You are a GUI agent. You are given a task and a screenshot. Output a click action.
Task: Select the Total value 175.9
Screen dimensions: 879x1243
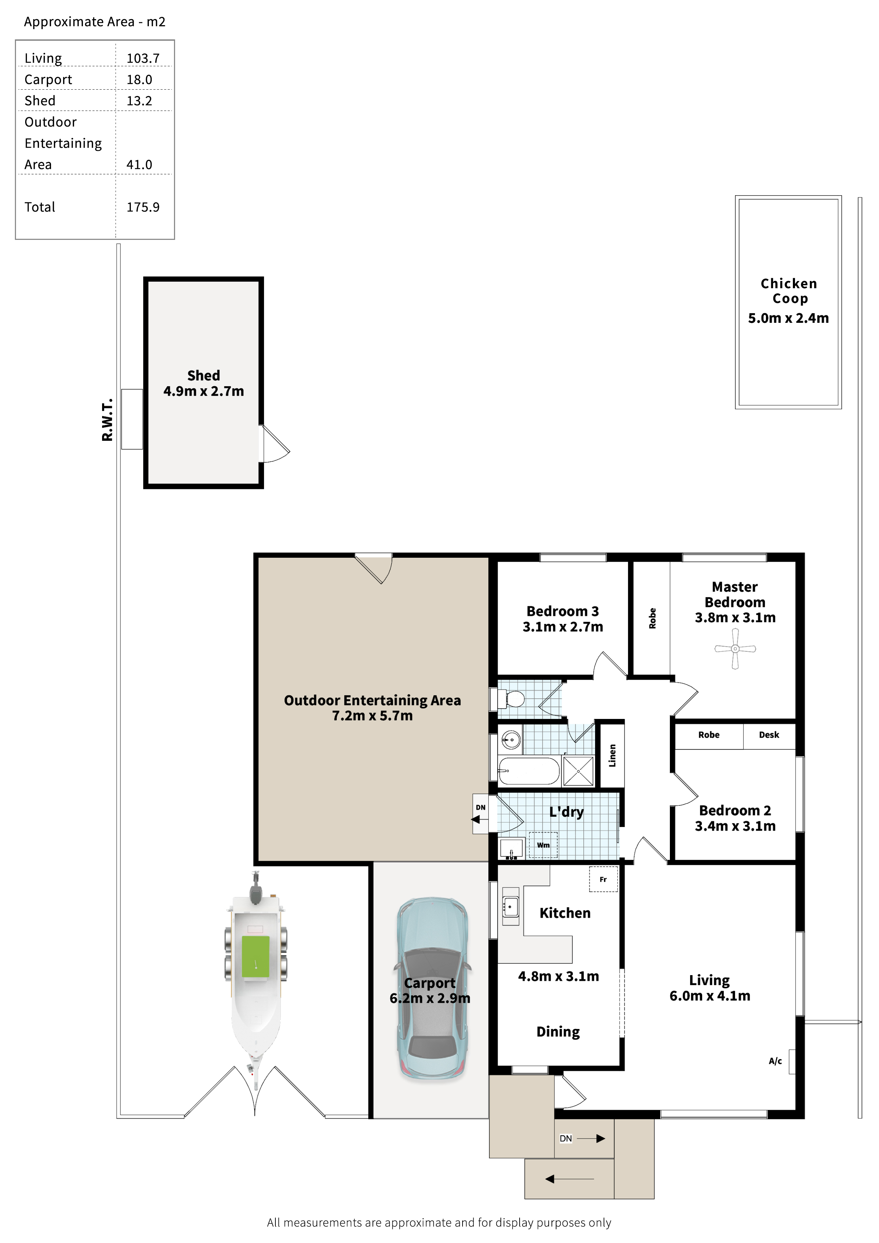click(143, 207)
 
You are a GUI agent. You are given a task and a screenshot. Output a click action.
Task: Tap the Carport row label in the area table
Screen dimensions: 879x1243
click(48, 80)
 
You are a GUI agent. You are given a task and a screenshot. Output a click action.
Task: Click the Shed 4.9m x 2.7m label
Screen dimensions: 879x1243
click(204, 383)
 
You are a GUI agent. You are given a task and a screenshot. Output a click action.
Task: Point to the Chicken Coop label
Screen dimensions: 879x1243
click(789, 291)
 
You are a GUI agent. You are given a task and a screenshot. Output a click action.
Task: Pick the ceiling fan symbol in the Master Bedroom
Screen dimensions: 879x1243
click(735, 648)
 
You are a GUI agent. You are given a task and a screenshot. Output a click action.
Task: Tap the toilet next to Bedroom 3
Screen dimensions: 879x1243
click(511, 699)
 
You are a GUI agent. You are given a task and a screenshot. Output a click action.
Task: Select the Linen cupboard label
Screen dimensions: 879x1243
click(612, 756)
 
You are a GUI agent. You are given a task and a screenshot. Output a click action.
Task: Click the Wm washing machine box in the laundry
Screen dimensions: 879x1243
click(543, 845)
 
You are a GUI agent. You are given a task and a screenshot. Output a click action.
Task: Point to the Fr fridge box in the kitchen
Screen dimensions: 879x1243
click(603, 879)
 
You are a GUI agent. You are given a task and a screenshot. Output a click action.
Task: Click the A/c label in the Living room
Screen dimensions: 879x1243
click(775, 1061)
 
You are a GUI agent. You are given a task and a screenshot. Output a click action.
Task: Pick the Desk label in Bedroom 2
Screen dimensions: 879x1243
click(769, 735)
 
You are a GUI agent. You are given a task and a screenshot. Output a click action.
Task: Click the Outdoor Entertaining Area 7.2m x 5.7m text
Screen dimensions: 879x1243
click(373, 708)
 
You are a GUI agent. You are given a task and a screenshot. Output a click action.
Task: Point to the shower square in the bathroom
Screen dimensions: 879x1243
click(578, 771)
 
